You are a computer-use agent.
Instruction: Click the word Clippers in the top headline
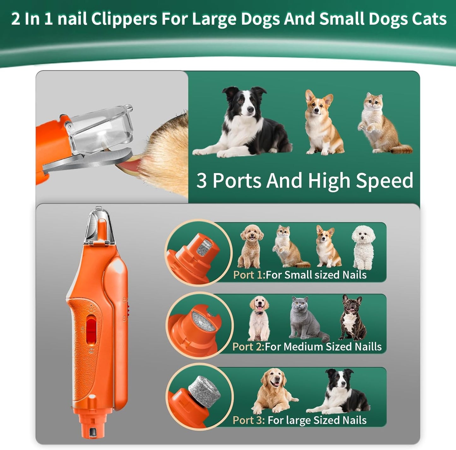(x=124, y=19)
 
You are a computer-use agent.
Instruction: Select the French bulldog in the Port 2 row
(x=352, y=317)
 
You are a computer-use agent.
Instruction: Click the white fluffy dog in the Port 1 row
(x=363, y=248)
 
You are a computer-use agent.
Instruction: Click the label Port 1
(x=249, y=275)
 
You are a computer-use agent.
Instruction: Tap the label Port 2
(x=248, y=346)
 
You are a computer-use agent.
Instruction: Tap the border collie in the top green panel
(x=243, y=122)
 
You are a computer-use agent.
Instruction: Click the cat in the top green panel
(x=384, y=123)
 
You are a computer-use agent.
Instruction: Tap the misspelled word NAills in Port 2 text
(x=368, y=346)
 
